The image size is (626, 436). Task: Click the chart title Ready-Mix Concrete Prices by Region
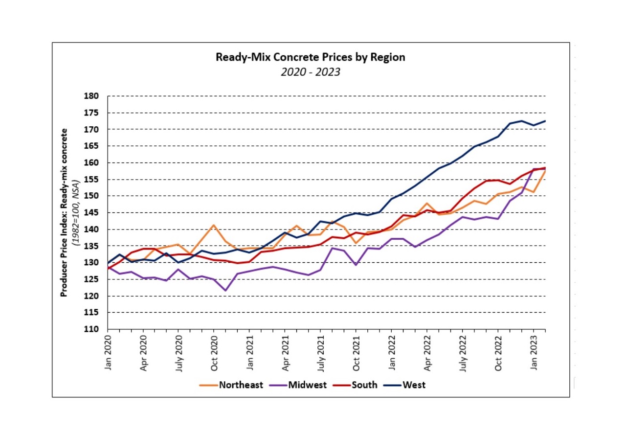point(311,57)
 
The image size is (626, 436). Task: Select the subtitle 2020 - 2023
point(311,72)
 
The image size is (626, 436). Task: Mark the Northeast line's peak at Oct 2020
point(214,225)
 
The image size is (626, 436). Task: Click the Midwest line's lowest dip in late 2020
point(225,291)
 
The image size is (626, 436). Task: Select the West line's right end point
point(545,121)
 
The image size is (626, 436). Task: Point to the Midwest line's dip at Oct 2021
point(356,265)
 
